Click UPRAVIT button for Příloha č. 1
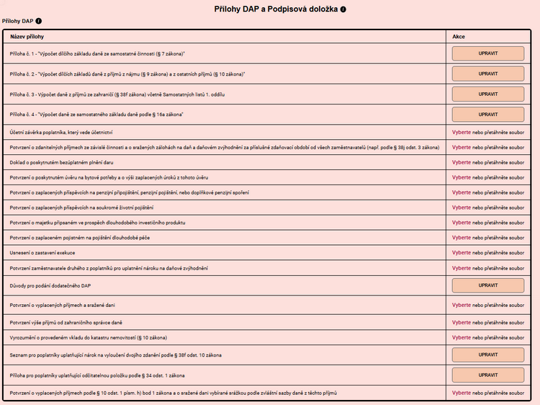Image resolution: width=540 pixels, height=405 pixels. [x=487, y=53]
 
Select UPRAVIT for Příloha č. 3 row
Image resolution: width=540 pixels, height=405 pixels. [x=487, y=94]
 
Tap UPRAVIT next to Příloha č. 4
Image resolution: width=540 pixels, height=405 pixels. [x=487, y=114]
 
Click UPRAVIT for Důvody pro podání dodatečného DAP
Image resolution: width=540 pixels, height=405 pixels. [x=487, y=285]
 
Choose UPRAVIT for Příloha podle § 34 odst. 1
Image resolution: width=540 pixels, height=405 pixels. [x=487, y=375]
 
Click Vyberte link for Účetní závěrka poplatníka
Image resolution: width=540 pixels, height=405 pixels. [x=462, y=133]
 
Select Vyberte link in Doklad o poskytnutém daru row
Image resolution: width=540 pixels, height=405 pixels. [x=462, y=162]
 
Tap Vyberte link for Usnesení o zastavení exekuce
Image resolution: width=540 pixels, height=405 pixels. [x=462, y=253]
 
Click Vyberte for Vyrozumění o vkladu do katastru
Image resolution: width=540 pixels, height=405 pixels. [x=462, y=337]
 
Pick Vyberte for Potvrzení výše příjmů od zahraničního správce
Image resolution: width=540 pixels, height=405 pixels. [x=462, y=321]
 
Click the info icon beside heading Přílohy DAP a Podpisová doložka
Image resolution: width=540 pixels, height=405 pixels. [x=343, y=9]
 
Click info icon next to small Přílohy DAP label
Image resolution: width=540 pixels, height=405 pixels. [x=38, y=22]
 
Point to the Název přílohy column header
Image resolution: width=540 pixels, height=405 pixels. [x=27, y=35]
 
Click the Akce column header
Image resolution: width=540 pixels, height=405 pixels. [x=459, y=35]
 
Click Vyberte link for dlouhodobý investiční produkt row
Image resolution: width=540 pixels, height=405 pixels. [x=462, y=223]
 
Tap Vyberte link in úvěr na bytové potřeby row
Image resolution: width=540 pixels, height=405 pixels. [x=462, y=177]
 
